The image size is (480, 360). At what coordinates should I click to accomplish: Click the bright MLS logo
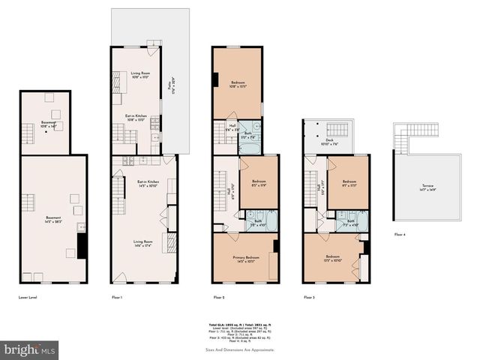(30, 349)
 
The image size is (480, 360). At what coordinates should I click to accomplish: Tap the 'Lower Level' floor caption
(28, 298)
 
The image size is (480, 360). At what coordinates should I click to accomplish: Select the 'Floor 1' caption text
(116, 298)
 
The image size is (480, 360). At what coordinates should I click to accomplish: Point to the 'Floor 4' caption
(400, 235)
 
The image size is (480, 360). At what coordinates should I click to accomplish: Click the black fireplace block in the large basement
(82, 245)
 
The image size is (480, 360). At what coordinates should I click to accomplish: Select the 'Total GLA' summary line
(239, 324)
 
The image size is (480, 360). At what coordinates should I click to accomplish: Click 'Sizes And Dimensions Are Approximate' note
(239, 349)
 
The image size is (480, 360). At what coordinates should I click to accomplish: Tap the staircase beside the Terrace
(403, 138)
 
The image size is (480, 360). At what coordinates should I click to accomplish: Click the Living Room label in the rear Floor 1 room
(130, 74)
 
